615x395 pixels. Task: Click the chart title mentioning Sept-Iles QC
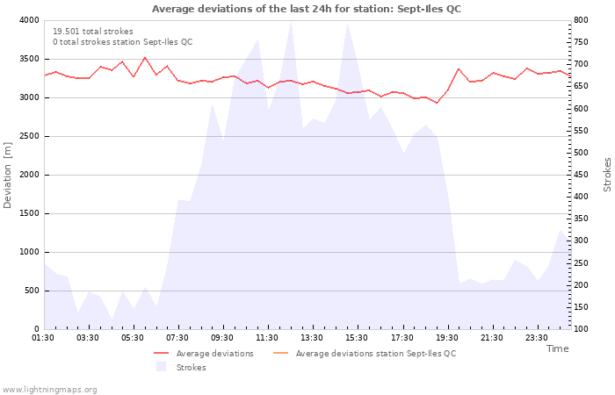(x=307, y=9)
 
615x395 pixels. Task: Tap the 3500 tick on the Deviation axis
(x=29, y=59)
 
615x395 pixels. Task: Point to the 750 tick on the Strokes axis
(x=582, y=42)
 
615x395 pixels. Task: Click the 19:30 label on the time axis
(x=446, y=338)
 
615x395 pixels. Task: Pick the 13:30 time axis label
(x=312, y=338)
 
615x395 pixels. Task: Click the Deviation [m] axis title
(x=7, y=175)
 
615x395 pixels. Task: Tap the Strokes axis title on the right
(x=607, y=175)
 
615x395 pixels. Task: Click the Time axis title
(x=557, y=348)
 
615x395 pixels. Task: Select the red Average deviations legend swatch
(x=161, y=353)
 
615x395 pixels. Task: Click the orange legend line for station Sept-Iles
(x=280, y=353)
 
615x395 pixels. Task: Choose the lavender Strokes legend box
(x=161, y=367)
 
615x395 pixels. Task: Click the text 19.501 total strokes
(x=93, y=32)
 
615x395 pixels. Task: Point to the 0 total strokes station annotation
(x=123, y=42)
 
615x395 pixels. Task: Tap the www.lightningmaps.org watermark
(x=48, y=390)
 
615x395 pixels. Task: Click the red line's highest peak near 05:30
(x=145, y=57)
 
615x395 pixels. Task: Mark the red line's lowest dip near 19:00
(x=437, y=103)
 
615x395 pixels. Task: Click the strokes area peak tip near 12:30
(x=291, y=22)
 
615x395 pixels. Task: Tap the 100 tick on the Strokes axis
(x=582, y=329)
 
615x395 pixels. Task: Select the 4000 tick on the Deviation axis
(x=29, y=20)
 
